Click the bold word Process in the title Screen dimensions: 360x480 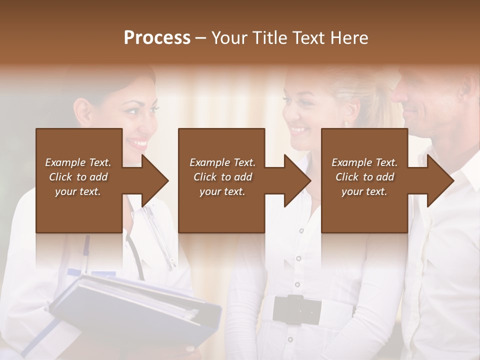157,37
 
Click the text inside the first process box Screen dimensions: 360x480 78,177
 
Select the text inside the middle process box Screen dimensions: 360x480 222,177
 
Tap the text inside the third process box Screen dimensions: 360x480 364,177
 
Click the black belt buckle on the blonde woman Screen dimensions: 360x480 303,309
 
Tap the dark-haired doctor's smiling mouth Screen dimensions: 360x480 138,143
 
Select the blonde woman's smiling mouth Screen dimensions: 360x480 299,130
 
